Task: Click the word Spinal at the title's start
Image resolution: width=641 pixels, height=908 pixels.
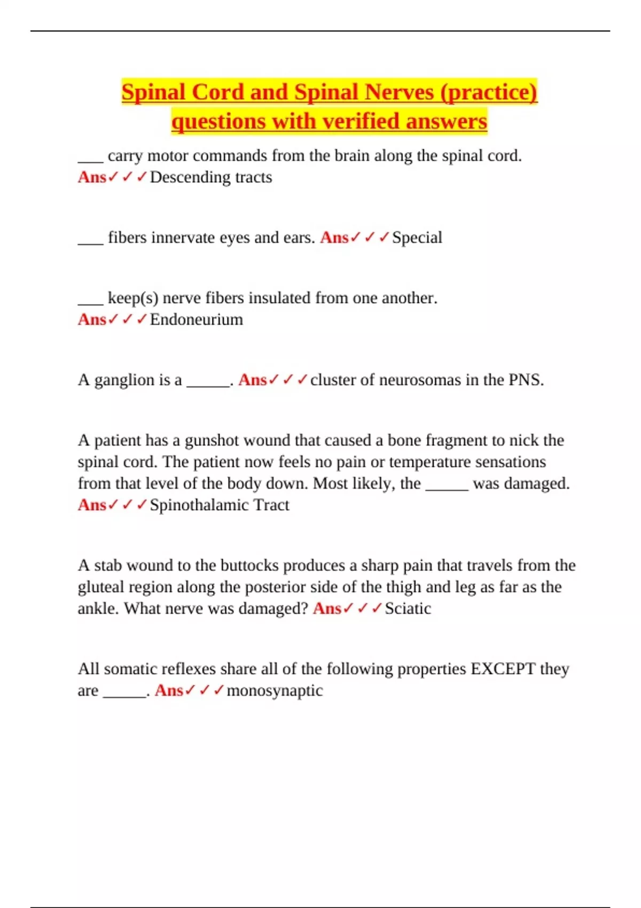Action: click(153, 92)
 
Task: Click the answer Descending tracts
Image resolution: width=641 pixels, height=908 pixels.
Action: click(210, 177)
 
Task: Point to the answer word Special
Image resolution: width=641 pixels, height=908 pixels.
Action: click(417, 238)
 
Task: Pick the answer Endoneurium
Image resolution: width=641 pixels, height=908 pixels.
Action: click(196, 319)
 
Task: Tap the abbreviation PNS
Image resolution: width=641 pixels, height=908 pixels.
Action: click(526, 380)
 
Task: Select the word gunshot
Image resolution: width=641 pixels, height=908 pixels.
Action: click(212, 441)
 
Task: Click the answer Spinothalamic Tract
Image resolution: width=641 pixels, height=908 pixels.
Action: click(219, 505)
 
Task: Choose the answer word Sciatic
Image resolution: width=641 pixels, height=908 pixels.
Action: click(408, 608)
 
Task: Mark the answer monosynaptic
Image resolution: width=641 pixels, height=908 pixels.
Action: click(275, 691)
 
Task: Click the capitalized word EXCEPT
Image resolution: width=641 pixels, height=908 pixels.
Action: click(502, 669)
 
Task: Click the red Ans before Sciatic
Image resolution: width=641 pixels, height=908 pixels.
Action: click(326, 608)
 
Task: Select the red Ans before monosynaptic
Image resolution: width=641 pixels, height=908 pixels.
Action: click(168, 691)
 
